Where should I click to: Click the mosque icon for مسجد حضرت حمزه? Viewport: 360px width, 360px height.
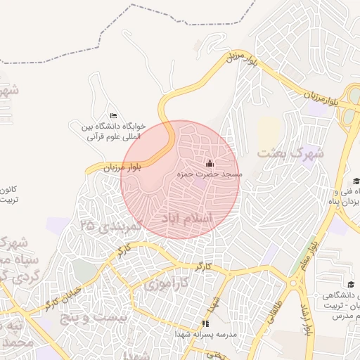pos(207,163)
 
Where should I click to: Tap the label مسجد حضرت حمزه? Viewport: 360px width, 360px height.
pos(210,173)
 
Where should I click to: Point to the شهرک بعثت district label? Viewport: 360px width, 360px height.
pos(290,152)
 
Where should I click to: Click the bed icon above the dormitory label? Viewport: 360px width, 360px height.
pos(114,116)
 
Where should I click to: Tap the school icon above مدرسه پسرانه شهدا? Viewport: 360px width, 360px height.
pos(205,323)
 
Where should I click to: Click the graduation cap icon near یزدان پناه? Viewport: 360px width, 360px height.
pos(356,181)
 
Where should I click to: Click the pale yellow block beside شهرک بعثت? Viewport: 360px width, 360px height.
pos(269,131)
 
